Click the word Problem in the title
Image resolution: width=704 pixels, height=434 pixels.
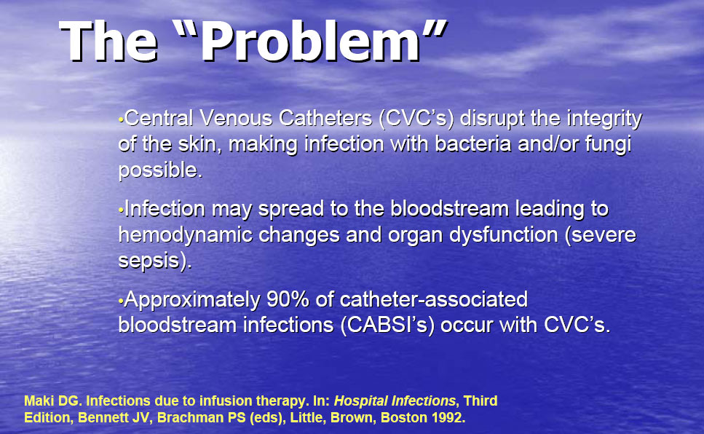[310, 42]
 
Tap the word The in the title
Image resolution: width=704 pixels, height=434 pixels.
[108, 42]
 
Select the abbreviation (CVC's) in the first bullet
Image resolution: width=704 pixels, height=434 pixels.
[416, 119]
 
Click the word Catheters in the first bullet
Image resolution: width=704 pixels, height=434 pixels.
[325, 118]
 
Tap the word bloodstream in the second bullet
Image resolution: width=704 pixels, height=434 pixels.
[449, 209]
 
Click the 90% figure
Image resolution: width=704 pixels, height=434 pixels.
[285, 300]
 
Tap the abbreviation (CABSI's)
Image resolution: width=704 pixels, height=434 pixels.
[387, 325]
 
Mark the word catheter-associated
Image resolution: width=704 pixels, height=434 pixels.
[434, 300]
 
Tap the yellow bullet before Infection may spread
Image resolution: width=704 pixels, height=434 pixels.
[120, 210]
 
